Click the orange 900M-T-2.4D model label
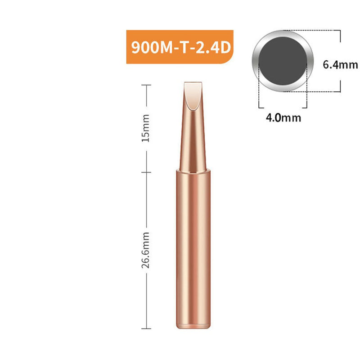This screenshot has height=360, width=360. point(180,47)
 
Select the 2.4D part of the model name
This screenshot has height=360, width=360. point(212,47)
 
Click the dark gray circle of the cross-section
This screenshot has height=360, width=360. point(283,60)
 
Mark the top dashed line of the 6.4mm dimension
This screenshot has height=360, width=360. point(315,31)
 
